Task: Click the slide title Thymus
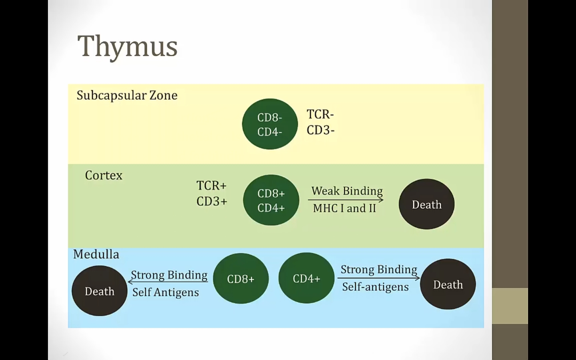coord(127,46)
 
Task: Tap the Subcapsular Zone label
coord(127,95)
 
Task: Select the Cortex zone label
coord(104,175)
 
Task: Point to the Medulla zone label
coord(96,254)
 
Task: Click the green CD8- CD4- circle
coord(270,124)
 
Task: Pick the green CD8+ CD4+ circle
coord(271,200)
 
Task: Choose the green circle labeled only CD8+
coord(241,278)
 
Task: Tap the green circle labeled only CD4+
coord(306,278)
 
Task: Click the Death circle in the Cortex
coord(426,204)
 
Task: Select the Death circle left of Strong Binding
coord(100,291)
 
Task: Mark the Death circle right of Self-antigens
coord(448,284)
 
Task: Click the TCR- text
coord(320,114)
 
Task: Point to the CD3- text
coord(320,130)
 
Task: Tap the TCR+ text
coord(211,186)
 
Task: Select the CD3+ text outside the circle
coord(212,201)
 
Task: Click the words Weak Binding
coord(347,191)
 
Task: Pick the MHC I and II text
coord(344,208)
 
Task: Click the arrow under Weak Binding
coord(346,200)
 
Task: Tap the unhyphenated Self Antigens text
coord(166,292)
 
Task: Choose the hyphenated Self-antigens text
coord(375,287)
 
